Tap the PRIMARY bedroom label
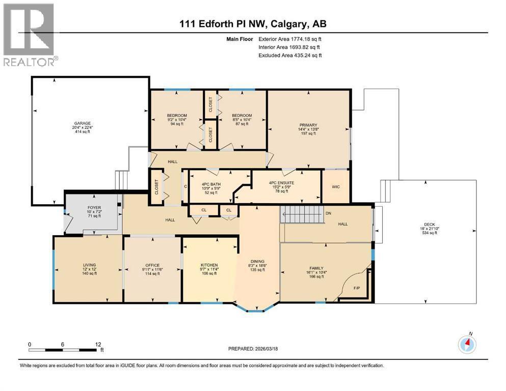(x=308, y=125)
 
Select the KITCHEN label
(x=209, y=265)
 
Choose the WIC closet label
(x=335, y=186)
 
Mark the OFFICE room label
(x=152, y=265)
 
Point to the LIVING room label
(x=89, y=265)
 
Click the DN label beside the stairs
(x=328, y=213)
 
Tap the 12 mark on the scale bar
(x=97, y=344)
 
